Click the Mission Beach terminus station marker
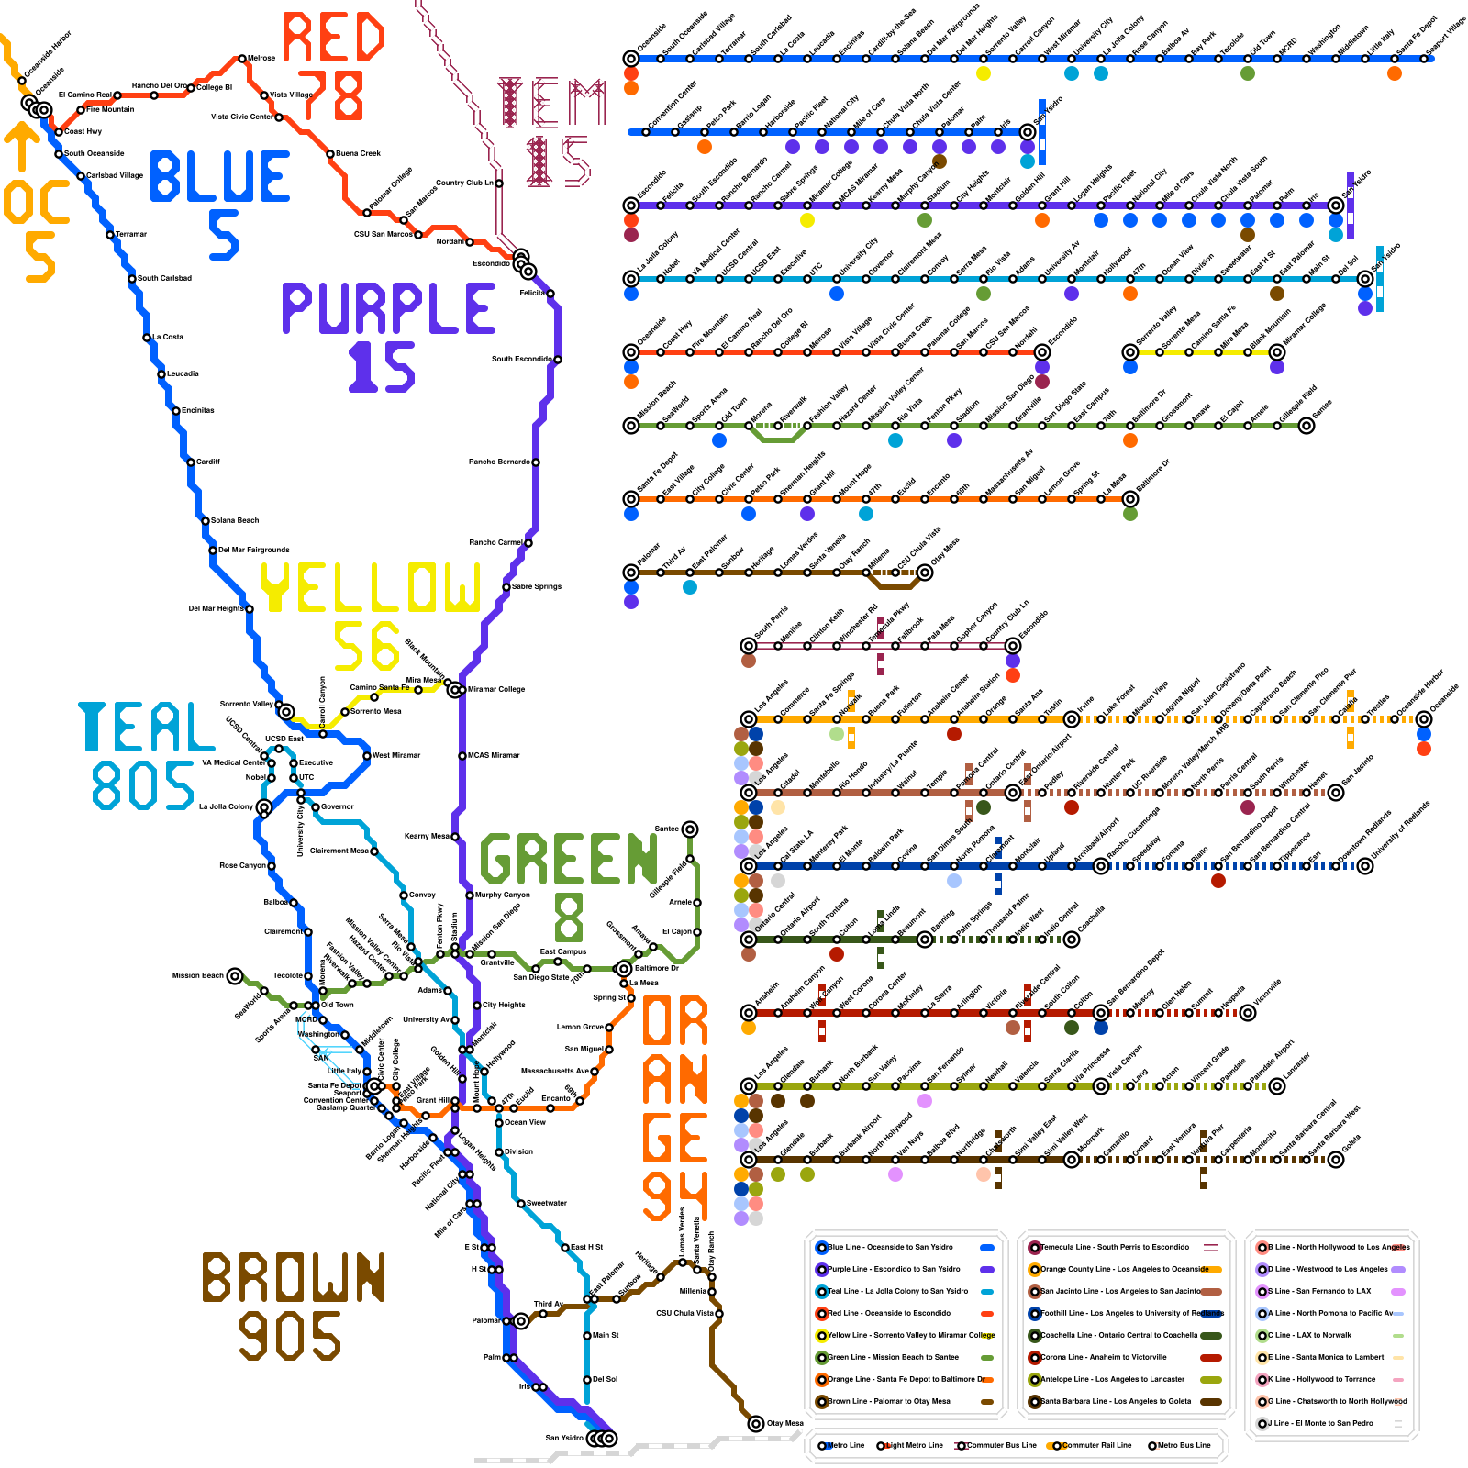(x=235, y=975)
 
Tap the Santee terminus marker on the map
(x=690, y=829)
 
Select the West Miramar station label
(x=396, y=755)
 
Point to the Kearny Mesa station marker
(x=455, y=836)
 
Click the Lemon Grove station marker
(x=609, y=1027)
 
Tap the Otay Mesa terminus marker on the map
(x=756, y=1424)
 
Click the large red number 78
(x=330, y=95)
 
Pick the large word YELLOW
(x=371, y=587)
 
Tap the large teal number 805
(x=143, y=785)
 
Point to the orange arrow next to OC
(x=21, y=147)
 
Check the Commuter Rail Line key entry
(x=1092, y=1445)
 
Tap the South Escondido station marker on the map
(x=558, y=360)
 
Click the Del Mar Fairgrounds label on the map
(x=253, y=550)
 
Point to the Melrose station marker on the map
(x=242, y=58)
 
